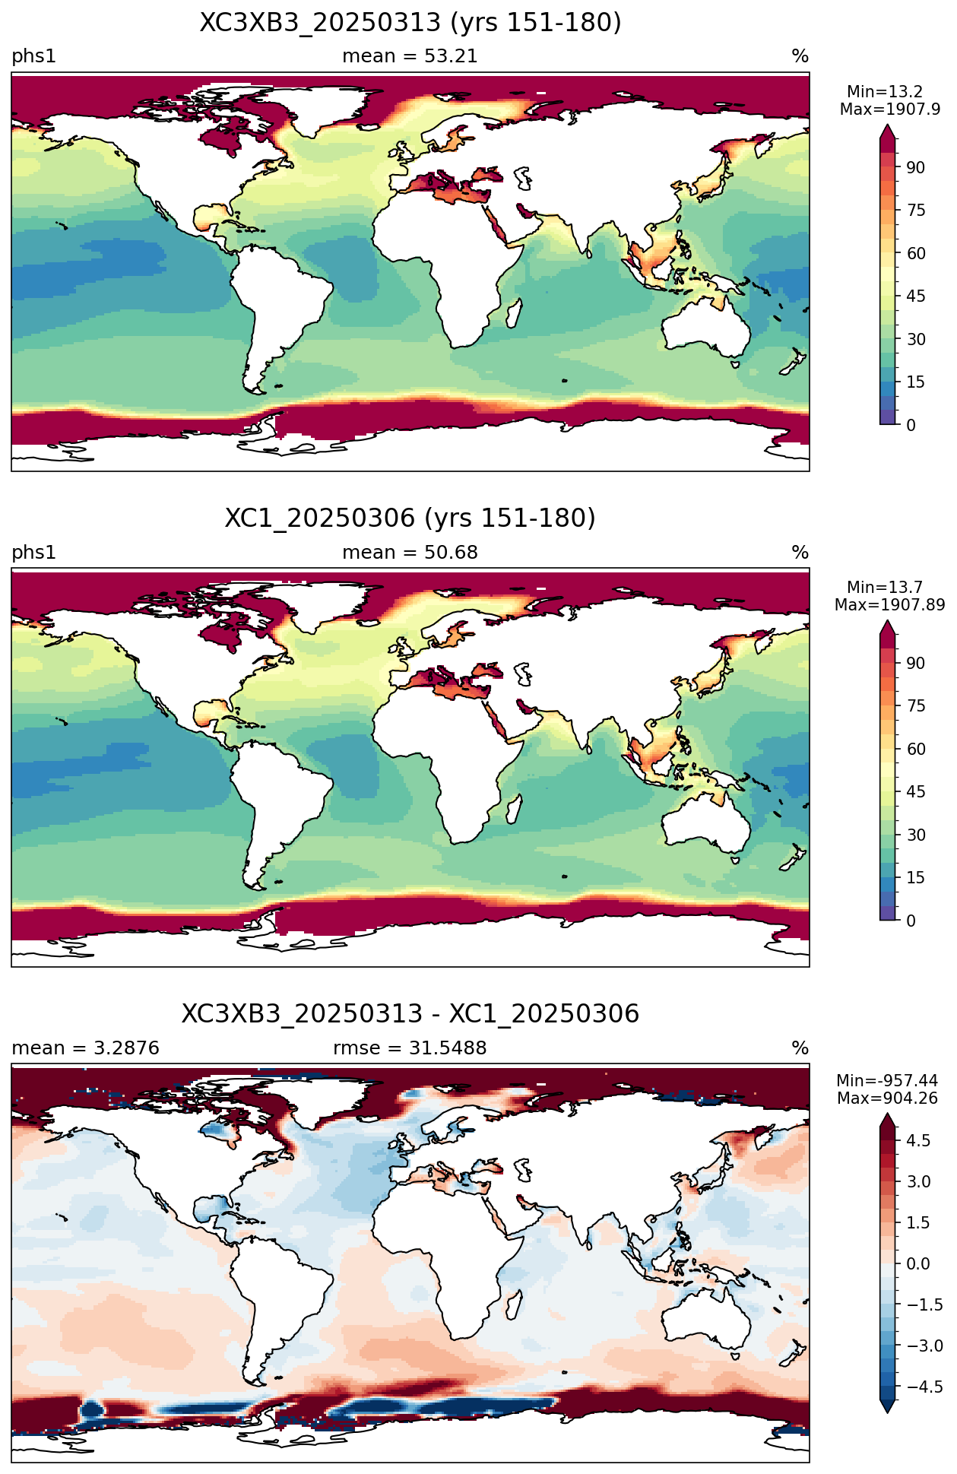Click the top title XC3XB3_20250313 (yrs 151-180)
(410, 23)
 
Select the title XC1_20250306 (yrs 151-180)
(410, 518)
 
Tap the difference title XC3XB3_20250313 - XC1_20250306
(410, 1014)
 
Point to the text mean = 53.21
(410, 56)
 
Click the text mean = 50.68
(410, 553)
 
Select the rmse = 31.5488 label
(410, 1048)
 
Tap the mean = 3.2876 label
(86, 1048)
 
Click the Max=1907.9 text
(890, 109)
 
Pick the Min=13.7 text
(885, 588)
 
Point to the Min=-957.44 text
(887, 1081)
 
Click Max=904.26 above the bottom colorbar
(887, 1098)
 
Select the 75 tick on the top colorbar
(915, 211)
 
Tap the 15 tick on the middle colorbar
(915, 878)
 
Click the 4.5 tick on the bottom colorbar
(917, 1140)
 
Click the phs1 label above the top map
(34, 57)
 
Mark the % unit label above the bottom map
(800, 1048)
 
